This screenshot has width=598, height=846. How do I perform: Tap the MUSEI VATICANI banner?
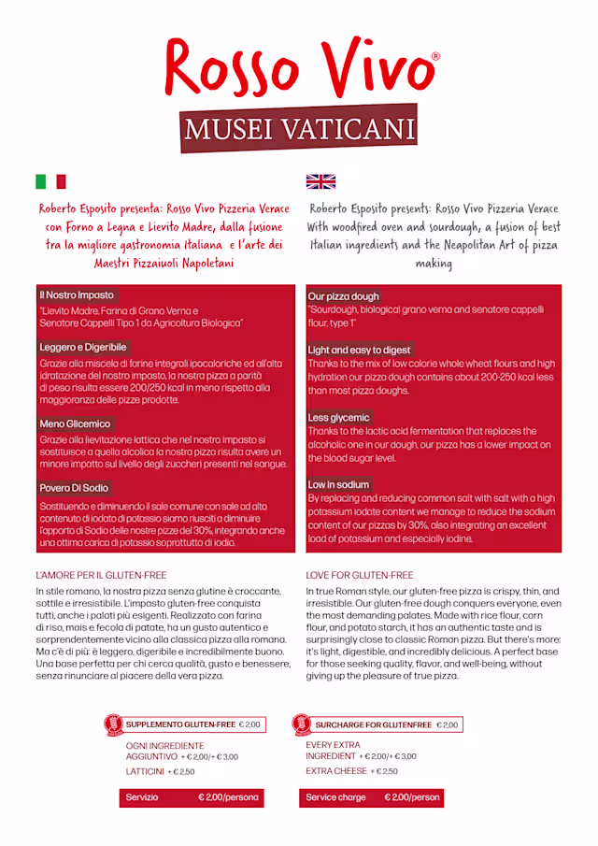tap(299, 128)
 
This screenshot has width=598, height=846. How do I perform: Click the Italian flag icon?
tap(50, 181)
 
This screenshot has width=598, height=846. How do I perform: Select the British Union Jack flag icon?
tap(320, 181)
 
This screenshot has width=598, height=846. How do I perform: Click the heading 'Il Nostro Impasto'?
tap(77, 295)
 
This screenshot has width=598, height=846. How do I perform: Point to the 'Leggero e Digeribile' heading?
tap(83, 347)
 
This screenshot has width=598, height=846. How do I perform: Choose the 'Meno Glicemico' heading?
tap(75, 423)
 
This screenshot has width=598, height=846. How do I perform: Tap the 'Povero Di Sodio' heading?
tap(74, 488)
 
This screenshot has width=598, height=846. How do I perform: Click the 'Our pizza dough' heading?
tap(344, 296)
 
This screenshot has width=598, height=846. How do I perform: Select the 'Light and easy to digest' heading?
tap(360, 351)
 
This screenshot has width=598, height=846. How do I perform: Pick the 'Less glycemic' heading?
tap(339, 417)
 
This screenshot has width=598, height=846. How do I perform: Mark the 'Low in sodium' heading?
tap(339, 484)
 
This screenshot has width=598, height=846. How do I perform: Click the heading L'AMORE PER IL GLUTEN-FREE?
tap(101, 575)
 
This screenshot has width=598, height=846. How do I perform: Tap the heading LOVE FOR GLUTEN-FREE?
tap(360, 575)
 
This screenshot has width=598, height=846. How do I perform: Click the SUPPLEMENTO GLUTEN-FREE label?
tap(180, 724)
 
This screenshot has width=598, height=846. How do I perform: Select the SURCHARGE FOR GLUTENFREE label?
tap(374, 724)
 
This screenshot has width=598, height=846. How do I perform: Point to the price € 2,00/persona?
tap(228, 797)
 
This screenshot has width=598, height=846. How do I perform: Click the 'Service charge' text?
tap(336, 797)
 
